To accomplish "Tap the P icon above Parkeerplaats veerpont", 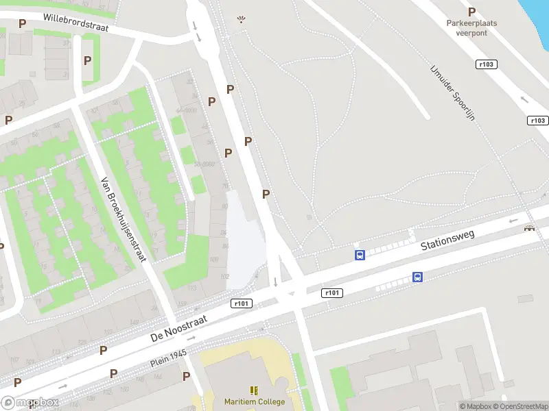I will (471, 12).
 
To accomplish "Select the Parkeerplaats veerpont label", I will (471, 27).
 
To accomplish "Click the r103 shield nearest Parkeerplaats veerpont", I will (487, 64).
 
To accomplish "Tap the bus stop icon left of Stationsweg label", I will (360, 255).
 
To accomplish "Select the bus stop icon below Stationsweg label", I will (417, 277).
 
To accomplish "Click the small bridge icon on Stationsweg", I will (529, 228).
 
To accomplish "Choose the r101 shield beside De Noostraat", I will (242, 303).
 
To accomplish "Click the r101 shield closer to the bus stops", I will (331, 293).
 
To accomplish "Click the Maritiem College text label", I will (255, 402).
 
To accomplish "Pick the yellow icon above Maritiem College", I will (255, 390).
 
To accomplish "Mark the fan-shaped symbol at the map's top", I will (241, 20).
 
